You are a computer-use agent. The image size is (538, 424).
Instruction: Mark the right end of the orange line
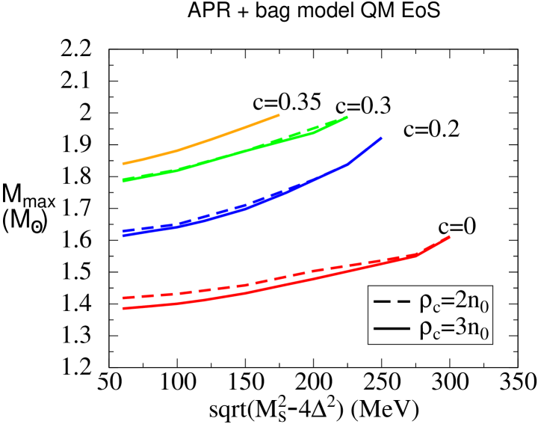[279, 115]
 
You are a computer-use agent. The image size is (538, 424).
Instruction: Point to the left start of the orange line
[123, 163]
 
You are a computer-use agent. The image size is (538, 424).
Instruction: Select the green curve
[224, 156]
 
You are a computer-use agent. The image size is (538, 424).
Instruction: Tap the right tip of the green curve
[347, 117]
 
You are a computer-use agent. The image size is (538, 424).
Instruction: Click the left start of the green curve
[123, 180]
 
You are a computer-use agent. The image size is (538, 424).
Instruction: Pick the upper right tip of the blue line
[381, 138]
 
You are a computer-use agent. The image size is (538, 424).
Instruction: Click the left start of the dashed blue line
[123, 231]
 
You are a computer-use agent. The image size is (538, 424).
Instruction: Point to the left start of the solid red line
[123, 308]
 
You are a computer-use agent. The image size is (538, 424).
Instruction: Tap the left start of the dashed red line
[123, 298]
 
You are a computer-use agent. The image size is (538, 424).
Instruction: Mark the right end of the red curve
[449, 236]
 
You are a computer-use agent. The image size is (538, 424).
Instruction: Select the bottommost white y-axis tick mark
[98, 377]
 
